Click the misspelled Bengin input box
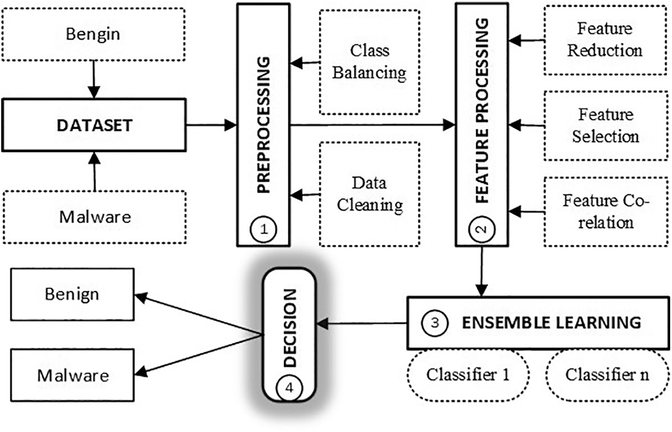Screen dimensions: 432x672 pyautogui.click(x=94, y=33)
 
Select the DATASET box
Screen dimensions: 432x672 pyautogui.click(x=94, y=125)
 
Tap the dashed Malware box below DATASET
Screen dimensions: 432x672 pyautogui.click(x=94, y=217)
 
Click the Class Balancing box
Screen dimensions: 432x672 pyautogui.click(x=369, y=62)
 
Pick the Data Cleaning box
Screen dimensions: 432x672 pyautogui.click(x=369, y=194)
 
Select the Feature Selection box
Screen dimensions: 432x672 pyautogui.click(x=604, y=125)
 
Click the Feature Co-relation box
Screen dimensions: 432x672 pyautogui.click(x=604, y=211)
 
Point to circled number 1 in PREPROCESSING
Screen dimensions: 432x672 pyautogui.click(x=263, y=230)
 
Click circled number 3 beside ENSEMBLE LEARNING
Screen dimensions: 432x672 pyautogui.click(x=434, y=323)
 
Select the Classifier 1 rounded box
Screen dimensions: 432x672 pyautogui.click(x=468, y=374)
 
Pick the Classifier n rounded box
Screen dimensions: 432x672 pyautogui.click(x=606, y=374)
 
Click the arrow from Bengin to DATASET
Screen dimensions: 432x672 pyautogui.click(x=94, y=79)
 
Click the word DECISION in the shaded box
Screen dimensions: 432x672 pyautogui.click(x=290, y=328)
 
